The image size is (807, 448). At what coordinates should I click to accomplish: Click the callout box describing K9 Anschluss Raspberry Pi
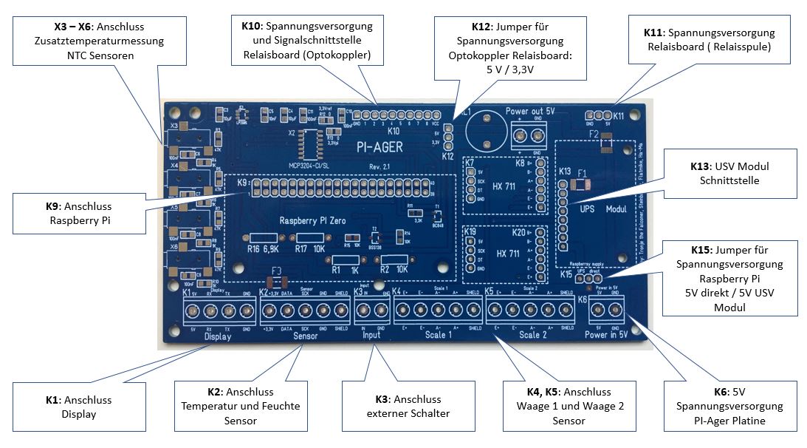click(78, 212)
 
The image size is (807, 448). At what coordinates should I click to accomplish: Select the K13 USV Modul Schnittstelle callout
click(730, 174)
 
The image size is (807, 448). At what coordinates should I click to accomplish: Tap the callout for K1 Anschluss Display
click(78, 406)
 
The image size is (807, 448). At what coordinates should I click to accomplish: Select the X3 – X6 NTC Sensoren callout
click(89, 41)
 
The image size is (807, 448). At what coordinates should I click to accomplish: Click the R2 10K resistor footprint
click(391, 259)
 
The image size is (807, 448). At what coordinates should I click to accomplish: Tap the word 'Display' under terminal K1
click(217, 337)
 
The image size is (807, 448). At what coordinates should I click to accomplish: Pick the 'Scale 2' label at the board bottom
click(534, 335)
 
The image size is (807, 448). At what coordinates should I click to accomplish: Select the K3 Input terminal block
click(370, 310)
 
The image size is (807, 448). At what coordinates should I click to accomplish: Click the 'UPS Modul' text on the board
click(601, 208)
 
